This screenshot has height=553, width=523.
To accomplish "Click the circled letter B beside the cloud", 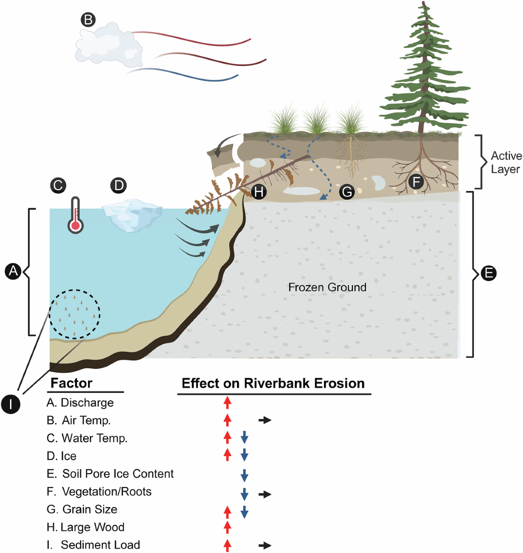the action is click(x=88, y=20).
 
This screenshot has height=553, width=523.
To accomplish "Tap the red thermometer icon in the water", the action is click(x=75, y=215).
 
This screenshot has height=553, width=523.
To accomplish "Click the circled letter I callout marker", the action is click(x=11, y=404).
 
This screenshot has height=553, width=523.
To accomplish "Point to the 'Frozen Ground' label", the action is click(x=327, y=287).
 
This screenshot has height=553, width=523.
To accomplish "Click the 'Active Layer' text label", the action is click(x=506, y=162).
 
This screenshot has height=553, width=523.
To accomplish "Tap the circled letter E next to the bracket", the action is click(x=489, y=273).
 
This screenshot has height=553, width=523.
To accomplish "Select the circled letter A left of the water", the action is click(x=13, y=271).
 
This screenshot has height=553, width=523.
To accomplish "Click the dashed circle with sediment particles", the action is click(x=75, y=314).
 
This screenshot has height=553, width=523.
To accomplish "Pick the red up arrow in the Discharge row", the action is click(x=227, y=402).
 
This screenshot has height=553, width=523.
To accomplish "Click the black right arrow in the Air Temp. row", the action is click(x=265, y=420).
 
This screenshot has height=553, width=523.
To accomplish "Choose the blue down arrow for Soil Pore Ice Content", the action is click(x=245, y=475).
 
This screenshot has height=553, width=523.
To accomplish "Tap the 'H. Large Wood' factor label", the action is click(x=85, y=527).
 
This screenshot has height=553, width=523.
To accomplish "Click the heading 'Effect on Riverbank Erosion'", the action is click(x=273, y=383).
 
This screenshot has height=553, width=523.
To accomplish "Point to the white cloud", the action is click(x=109, y=45).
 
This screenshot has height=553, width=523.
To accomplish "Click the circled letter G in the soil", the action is click(x=346, y=192).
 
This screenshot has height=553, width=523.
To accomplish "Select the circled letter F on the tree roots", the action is click(x=416, y=181).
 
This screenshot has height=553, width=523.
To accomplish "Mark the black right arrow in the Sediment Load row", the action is click(x=265, y=546).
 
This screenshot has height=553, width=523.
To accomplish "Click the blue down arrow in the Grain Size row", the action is click(x=245, y=512).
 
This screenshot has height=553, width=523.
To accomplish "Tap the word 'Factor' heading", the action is click(x=71, y=383).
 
